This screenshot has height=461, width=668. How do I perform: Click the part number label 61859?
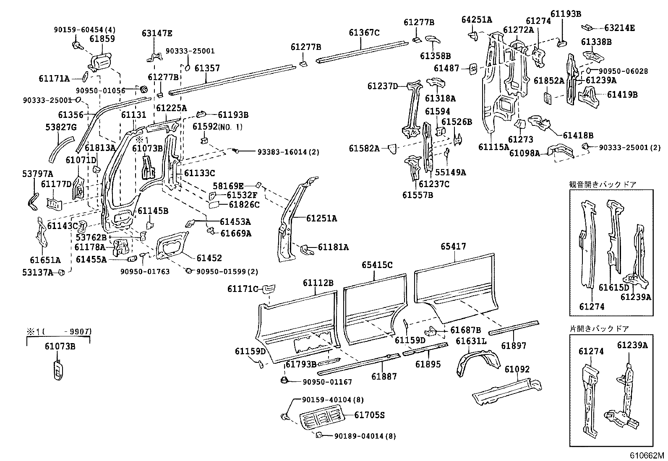[102, 39]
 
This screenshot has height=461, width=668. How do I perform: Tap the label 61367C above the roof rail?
[364, 32]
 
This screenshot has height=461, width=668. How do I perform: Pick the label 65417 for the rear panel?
[453, 247]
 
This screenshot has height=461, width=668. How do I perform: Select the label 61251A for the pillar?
[321, 218]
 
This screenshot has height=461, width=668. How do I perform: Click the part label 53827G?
[60, 127]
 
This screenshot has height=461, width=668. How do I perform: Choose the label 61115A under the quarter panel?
[493, 147]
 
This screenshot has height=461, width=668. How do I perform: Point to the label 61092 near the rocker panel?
[517, 369]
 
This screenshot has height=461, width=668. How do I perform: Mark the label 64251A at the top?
[477, 19]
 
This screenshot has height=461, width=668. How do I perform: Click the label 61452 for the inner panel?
[209, 258]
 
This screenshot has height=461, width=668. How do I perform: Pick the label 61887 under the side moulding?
[384, 376]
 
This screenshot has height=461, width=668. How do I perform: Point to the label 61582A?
[364, 148]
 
